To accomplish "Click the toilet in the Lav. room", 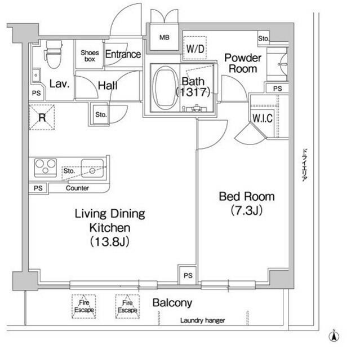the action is pyautogui.click(x=54, y=54).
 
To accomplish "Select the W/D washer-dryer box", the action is pyautogui.click(x=195, y=48).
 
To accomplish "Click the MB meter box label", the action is pyautogui.click(x=165, y=37).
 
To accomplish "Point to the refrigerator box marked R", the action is pyautogui.click(x=42, y=117).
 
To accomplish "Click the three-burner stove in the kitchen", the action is pyautogui.click(x=46, y=168).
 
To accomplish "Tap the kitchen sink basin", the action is pyautogui.click(x=92, y=168).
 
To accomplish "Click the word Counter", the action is pyautogui.click(x=77, y=188).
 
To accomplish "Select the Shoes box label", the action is pyautogui.click(x=90, y=56).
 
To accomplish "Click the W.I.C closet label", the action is pyautogui.click(x=263, y=118).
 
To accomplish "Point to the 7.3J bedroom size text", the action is pyautogui.click(x=247, y=210).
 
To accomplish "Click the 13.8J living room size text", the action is pyautogui.click(x=110, y=242).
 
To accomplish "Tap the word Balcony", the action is pyautogui.click(x=172, y=303).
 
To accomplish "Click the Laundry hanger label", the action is pyautogui.click(x=202, y=320).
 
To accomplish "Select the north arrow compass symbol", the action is pyautogui.click(x=334, y=336).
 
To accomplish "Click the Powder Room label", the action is pyautogui.click(x=243, y=63).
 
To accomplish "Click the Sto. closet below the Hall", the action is pyautogui.click(x=100, y=115).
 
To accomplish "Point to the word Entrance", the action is pyautogui.click(x=123, y=54).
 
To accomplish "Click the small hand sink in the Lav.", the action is pyautogui.click(x=36, y=75).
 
